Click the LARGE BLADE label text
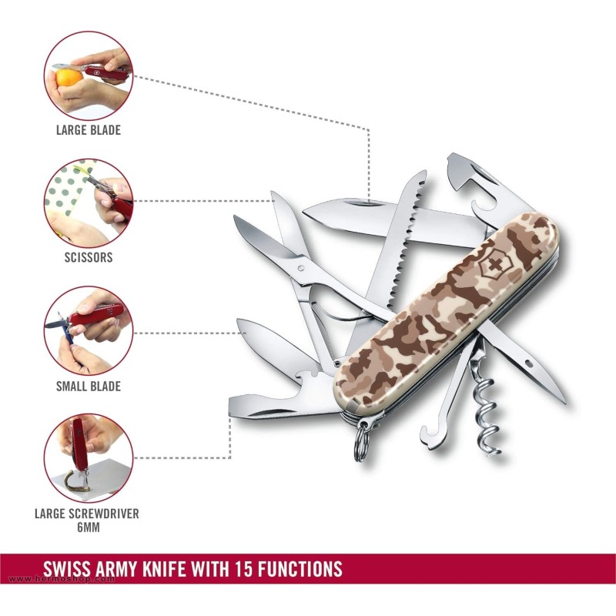click(x=89, y=130)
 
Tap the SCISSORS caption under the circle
click(x=89, y=257)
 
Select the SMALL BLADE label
click(x=89, y=387)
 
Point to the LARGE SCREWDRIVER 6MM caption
click(x=87, y=521)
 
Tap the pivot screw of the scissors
click(x=301, y=268)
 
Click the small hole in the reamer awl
click(x=528, y=364)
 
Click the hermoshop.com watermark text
click(x=62, y=579)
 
